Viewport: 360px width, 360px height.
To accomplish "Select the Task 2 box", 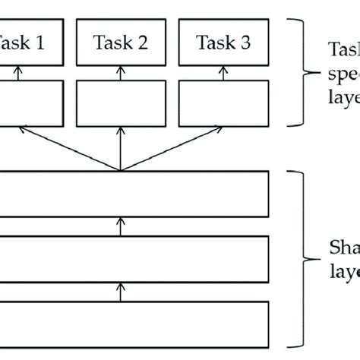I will pos(121,43).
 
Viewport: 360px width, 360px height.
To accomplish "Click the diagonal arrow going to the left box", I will pos(68,147).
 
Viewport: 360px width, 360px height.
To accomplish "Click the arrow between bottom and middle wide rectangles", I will pos(121,291).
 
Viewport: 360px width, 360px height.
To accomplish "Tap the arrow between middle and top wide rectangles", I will pos(121,226).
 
